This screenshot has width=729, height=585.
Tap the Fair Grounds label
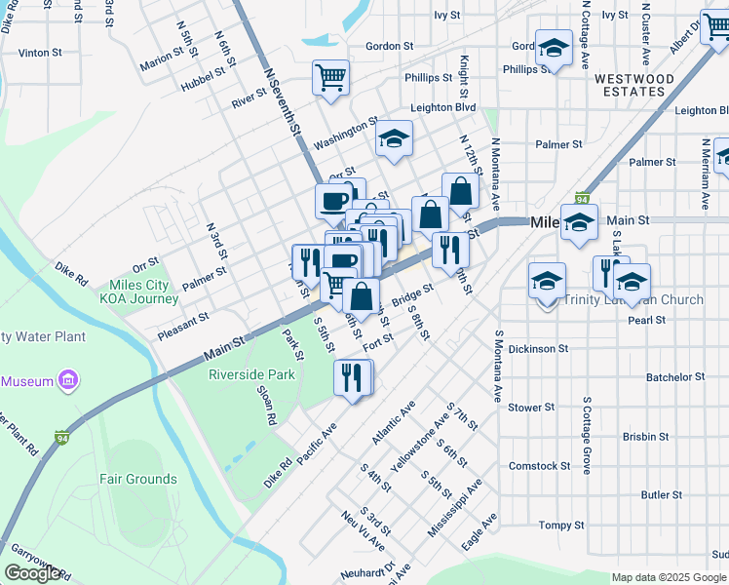point(138,479)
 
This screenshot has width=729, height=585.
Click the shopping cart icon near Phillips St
point(330,76)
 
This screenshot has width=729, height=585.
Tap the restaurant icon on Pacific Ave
point(352,376)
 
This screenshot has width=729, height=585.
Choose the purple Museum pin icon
point(68,380)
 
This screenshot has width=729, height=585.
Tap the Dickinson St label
point(538,348)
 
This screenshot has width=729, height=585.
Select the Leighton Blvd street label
point(443,107)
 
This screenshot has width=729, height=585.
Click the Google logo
point(32,573)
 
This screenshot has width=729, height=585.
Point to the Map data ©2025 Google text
point(669,577)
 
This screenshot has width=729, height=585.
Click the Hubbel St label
point(207,79)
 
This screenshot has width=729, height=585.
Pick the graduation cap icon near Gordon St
point(554,49)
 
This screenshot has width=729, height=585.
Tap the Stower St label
point(531,407)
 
